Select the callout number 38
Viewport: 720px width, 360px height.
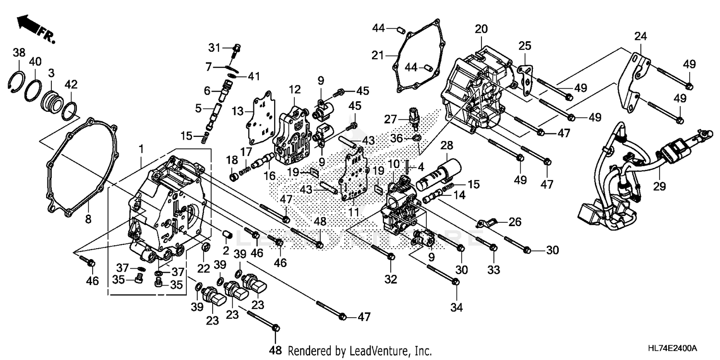(x=19, y=53)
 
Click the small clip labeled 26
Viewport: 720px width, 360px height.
(x=487, y=222)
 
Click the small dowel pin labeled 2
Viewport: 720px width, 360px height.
(x=229, y=234)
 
